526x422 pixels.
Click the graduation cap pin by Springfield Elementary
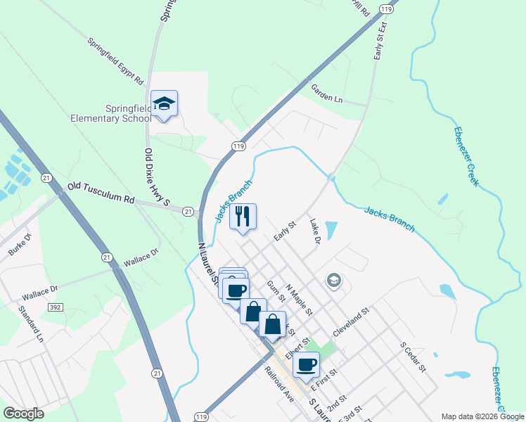pyautogui.click(x=165, y=104)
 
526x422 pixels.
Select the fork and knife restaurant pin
pyautogui.click(x=243, y=217)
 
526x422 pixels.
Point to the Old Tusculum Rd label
pyautogui.click(x=100, y=194)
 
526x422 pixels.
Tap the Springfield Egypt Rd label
pyautogui.click(x=115, y=61)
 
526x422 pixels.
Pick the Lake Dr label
pyautogui.click(x=315, y=231)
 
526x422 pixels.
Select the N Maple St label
pyautogui.click(x=298, y=299)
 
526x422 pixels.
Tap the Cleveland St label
pyautogui.click(x=351, y=319)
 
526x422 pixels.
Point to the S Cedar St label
pyautogui.click(x=413, y=359)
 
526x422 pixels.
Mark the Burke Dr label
pyautogui.click(x=20, y=244)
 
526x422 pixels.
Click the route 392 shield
pyautogui.click(x=56, y=307)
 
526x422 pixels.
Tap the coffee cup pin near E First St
pyautogui.click(x=306, y=365)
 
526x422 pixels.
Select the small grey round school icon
pyautogui.click(x=333, y=281)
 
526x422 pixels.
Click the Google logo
pyautogui.click(x=24, y=414)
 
